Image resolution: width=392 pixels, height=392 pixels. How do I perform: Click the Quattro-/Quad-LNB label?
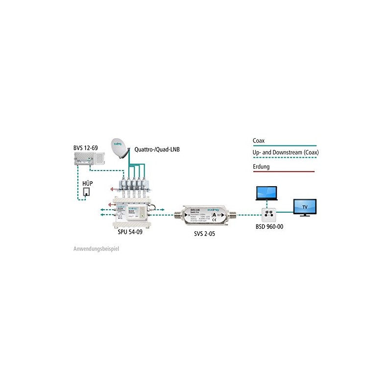(154, 149)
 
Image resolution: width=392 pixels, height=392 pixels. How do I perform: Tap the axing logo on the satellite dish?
(118, 144)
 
